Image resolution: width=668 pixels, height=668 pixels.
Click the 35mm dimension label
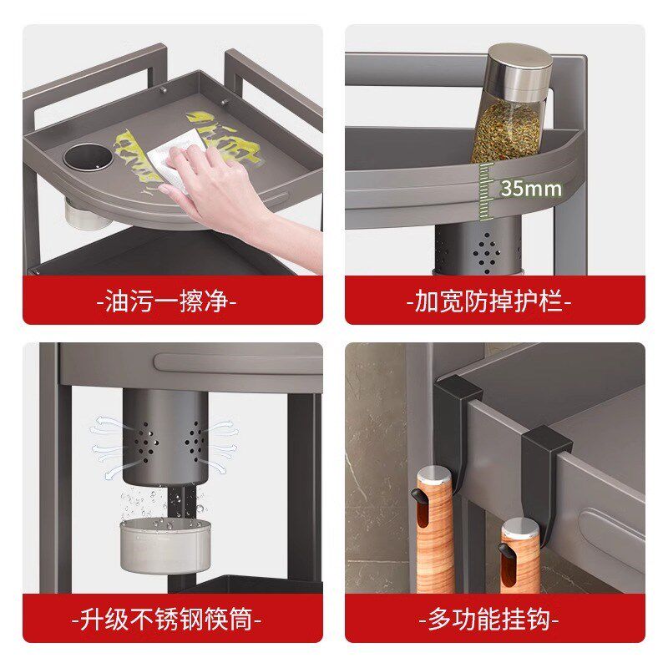[531, 188]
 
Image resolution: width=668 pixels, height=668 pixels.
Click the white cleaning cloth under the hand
[174, 159]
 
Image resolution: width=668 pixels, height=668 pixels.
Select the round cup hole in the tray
[89, 156]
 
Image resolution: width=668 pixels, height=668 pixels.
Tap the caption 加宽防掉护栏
[488, 301]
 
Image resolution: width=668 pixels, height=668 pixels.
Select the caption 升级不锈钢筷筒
[166, 619]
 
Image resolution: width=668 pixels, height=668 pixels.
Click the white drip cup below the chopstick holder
[165, 546]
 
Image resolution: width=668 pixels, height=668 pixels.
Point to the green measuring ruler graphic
[486, 192]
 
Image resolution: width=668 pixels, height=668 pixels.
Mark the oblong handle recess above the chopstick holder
[239, 363]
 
